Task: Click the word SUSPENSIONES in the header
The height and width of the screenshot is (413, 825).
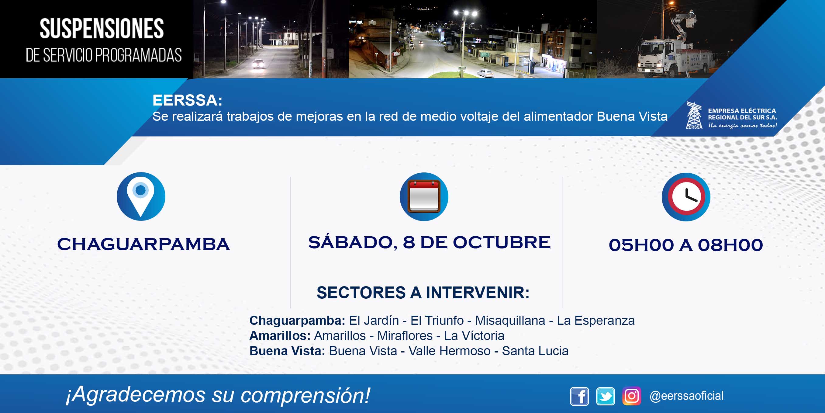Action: tap(102, 29)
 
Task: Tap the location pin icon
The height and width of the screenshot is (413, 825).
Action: tap(141, 196)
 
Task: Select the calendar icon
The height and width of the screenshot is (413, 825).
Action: tap(424, 196)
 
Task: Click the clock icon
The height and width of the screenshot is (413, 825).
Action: tap(686, 197)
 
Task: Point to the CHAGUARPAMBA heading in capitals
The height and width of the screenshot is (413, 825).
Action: tap(143, 245)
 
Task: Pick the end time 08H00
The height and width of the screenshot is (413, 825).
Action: tap(730, 245)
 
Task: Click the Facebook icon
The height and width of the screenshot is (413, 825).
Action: tap(579, 396)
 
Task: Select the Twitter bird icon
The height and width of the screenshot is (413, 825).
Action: tap(605, 396)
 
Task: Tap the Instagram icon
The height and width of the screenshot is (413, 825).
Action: tap(632, 396)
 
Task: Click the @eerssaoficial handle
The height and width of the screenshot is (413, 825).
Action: tap(686, 396)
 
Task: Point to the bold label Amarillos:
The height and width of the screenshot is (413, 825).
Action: tap(280, 336)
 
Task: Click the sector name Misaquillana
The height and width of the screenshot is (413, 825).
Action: tap(510, 321)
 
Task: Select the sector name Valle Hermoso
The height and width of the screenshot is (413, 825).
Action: tap(449, 351)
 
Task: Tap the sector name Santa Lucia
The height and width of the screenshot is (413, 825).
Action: tap(535, 351)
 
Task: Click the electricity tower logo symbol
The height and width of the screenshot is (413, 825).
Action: tap(694, 115)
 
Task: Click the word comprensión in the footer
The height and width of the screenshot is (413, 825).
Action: tap(305, 395)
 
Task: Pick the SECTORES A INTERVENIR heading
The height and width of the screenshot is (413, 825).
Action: tap(423, 293)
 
